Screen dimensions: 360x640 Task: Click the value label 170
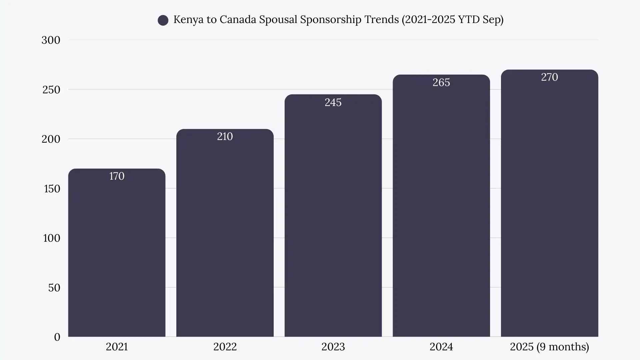point(117,176)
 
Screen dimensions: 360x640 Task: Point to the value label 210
point(225,136)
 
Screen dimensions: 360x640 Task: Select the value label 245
point(333,102)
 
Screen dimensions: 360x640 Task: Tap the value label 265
point(441,82)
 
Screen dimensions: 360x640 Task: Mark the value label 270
point(549,77)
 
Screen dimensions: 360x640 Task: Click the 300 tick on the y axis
point(51,40)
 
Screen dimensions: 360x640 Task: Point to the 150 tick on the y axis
point(52,189)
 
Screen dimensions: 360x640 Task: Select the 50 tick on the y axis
point(54,288)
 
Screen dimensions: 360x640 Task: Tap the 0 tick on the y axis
point(57,337)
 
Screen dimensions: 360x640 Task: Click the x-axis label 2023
point(333,347)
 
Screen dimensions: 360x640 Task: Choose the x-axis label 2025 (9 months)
point(549,347)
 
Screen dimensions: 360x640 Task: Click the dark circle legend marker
point(163,20)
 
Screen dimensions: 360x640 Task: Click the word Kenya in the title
point(188,19)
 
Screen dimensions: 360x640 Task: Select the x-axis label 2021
point(117,347)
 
